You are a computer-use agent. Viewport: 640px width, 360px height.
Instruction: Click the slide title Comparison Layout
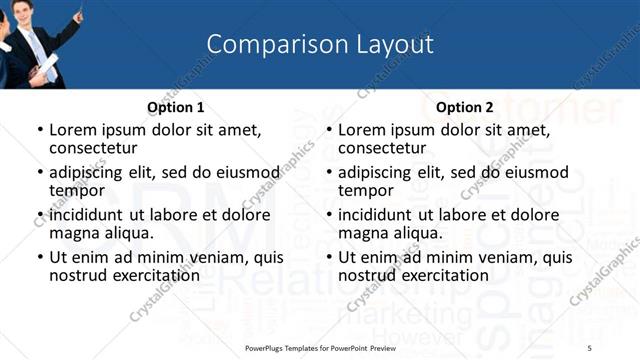click(x=320, y=45)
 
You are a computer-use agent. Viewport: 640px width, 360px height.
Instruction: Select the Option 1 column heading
click(x=175, y=107)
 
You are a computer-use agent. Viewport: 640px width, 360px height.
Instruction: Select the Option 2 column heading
click(x=465, y=107)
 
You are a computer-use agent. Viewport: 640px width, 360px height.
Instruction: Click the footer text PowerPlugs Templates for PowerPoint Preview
click(x=320, y=347)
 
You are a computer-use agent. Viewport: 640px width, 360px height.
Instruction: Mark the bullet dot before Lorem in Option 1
click(x=40, y=131)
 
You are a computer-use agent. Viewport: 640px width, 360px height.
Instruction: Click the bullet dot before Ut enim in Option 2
click(x=329, y=258)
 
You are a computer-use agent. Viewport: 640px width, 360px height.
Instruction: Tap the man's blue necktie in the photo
click(x=39, y=44)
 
